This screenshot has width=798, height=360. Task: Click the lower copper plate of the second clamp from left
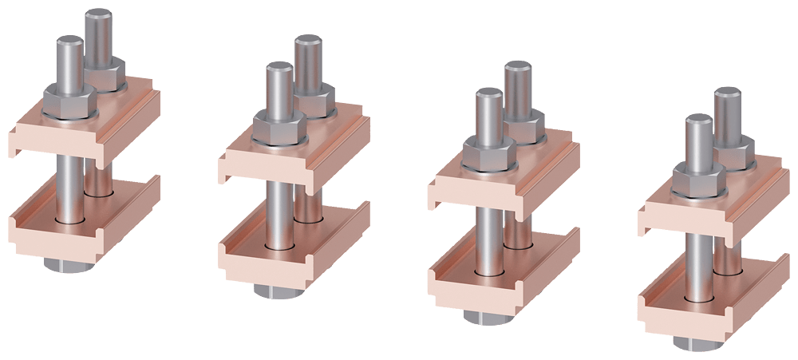pos(255,263)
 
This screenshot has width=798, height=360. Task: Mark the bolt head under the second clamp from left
pos(279,291)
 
